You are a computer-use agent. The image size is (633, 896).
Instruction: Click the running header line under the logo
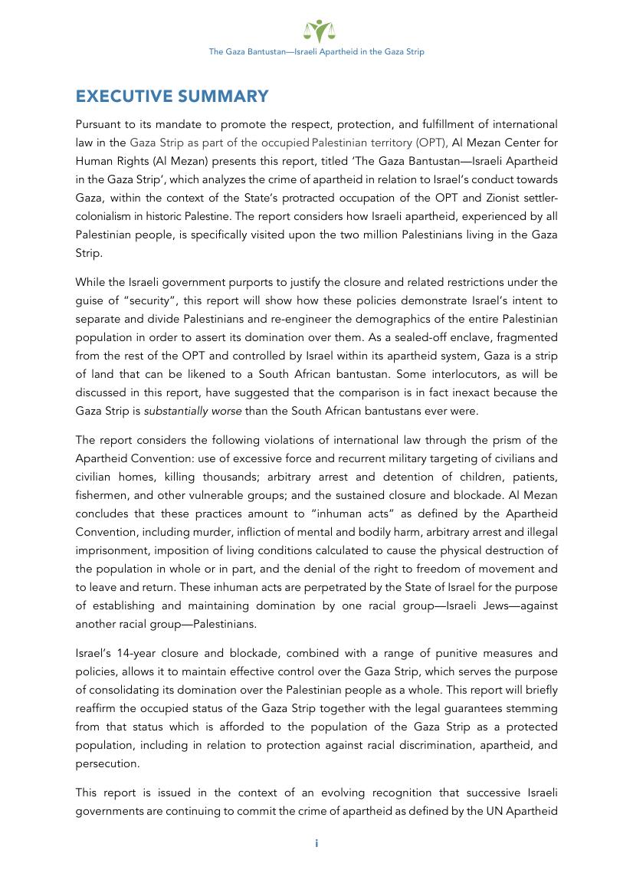click(316, 52)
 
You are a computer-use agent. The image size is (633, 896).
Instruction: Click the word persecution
click(107, 764)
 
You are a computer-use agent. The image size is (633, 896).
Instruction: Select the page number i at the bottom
click(316, 843)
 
